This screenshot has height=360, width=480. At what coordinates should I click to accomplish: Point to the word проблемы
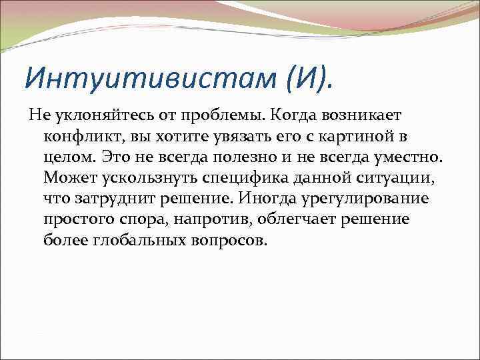pyautogui.click(x=214, y=117)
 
